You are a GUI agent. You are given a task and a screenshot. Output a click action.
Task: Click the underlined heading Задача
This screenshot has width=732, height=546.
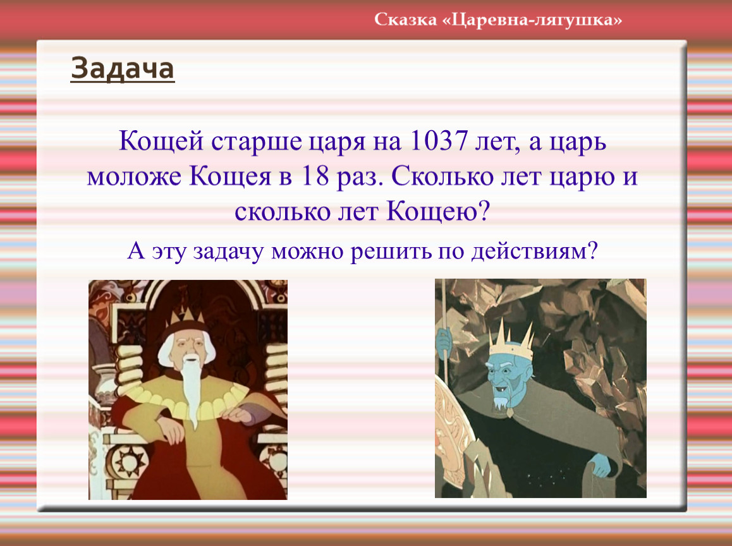(122, 69)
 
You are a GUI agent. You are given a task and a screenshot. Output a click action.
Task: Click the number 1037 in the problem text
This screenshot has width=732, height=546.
(438, 140)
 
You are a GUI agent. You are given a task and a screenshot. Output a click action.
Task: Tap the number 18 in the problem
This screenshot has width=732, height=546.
(315, 176)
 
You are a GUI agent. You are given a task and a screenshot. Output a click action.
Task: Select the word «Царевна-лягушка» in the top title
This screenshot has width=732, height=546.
(532, 20)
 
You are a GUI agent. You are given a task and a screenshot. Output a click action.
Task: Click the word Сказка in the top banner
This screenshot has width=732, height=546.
(405, 20)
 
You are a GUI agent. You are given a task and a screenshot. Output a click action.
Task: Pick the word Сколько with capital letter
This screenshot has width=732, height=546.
(442, 176)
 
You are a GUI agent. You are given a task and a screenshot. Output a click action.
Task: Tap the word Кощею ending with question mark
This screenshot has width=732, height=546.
(438, 212)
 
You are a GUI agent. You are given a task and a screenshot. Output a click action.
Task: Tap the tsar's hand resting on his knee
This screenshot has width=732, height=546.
(171, 429)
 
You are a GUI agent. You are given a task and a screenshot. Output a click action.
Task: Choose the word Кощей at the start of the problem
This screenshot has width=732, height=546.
(161, 141)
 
